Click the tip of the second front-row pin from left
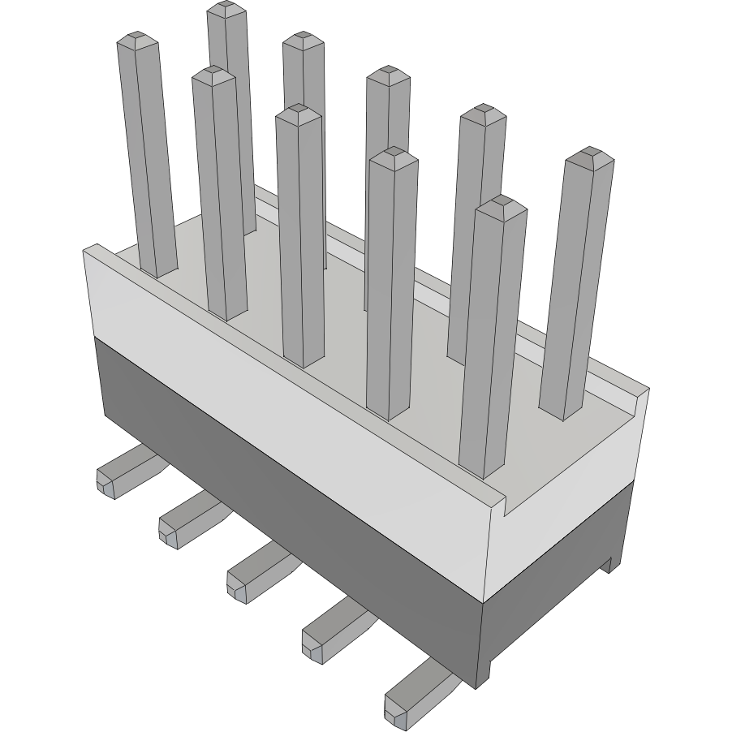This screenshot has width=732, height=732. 213,73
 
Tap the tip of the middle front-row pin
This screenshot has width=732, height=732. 299,111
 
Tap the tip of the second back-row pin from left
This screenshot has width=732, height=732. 304,37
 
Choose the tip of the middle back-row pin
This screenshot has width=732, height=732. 388,73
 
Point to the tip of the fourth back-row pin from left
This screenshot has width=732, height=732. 483,110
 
